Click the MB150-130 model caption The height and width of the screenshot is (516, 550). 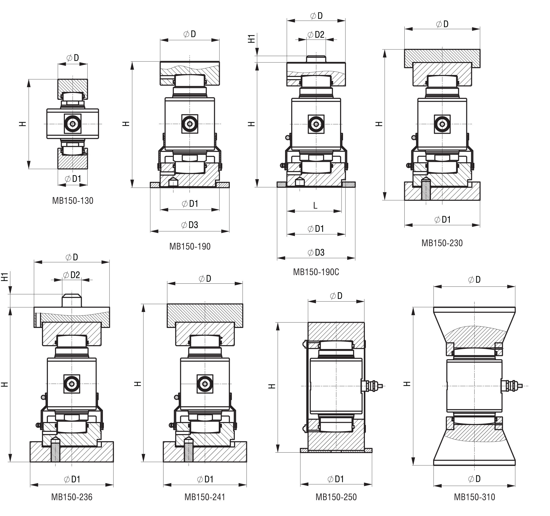(73, 201)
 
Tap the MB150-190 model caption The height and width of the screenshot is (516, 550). (190, 246)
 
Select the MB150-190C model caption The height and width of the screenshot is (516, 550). (316, 272)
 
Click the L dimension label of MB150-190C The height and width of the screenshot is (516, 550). (315, 206)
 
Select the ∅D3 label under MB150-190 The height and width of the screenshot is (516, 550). (190, 225)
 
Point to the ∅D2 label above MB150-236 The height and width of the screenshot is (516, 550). (72, 275)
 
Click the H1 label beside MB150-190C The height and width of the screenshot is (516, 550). (251, 39)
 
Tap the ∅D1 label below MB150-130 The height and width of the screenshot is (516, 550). (73, 179)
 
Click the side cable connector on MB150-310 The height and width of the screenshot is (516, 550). (512, 385)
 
